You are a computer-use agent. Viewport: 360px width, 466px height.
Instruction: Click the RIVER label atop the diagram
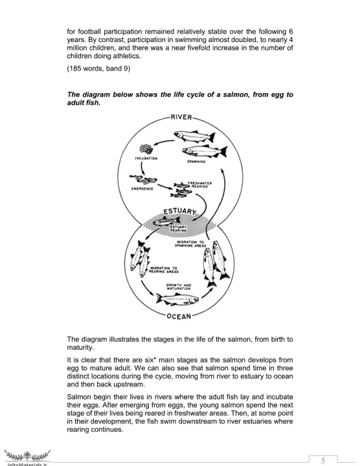point(181,117)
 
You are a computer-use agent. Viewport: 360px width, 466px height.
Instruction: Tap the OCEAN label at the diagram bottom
point(179,316)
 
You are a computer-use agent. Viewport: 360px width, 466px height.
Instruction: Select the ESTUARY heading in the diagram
point(180,211)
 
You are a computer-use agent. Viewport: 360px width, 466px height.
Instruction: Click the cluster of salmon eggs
point(146,149)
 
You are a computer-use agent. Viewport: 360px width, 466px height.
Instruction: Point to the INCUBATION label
point(146,159)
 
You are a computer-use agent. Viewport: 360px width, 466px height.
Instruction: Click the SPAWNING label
point(196,162)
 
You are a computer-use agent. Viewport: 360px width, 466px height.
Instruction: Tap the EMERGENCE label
point(142,189)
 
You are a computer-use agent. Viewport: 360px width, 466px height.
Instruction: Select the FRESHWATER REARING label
point(200,184)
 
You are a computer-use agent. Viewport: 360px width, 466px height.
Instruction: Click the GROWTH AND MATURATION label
point(179,287)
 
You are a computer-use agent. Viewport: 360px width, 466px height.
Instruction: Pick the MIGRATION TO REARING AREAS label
point(164,270)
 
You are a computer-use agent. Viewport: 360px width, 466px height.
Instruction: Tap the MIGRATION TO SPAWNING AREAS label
point(190,244)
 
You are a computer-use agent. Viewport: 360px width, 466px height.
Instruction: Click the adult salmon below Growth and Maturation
point(177,298)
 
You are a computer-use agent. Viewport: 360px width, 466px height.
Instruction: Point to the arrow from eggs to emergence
point(142,168)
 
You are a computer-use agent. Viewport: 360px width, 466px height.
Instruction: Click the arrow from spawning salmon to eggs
point(163,143)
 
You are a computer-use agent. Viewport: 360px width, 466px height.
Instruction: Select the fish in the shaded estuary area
point(166,221)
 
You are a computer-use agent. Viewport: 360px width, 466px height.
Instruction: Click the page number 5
point(323,460)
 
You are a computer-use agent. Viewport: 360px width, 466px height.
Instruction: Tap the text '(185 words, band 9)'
point(98,69)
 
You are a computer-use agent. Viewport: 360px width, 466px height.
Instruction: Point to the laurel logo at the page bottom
point(27,455)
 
